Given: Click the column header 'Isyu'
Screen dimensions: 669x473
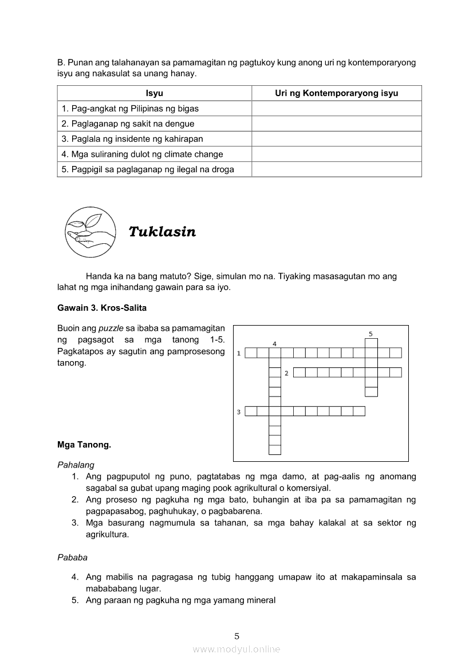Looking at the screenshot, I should (154, 93).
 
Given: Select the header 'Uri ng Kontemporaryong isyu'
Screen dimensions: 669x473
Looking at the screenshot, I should (337, 93).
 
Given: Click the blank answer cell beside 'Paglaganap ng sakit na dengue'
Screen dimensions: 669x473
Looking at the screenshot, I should (337, 124).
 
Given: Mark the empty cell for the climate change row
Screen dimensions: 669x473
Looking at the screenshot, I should (337, 154).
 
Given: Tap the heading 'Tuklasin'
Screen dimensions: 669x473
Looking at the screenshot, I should (162, 232).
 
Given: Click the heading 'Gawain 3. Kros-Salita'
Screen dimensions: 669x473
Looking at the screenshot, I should (102, 308).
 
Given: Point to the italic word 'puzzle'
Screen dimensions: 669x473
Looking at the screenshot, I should (111, 328).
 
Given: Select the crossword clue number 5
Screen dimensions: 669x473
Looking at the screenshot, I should (370, 334).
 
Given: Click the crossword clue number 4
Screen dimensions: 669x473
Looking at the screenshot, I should (275, 344).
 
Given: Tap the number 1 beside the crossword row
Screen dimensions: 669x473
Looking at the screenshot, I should (238, 353).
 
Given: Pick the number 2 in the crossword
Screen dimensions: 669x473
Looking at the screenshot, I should (286, 373).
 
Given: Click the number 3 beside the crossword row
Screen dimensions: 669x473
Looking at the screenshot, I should (238, 411).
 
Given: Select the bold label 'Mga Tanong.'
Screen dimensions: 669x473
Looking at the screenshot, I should (84, 444).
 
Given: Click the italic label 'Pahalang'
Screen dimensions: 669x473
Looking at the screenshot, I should (76, 465).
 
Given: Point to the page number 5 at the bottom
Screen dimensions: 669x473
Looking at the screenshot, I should (236, 636).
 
